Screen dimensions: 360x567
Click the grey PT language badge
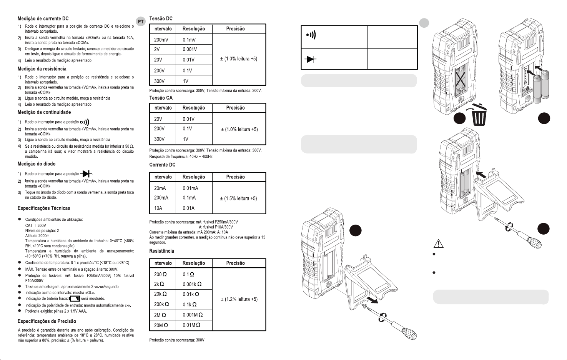tap(141, 22)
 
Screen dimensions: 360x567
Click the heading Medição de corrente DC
tap(43, 18)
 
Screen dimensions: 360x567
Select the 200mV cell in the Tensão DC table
tap(162, 40)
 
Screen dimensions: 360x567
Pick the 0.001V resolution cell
tap(190, 49)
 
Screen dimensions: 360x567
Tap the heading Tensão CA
tap(161, 98)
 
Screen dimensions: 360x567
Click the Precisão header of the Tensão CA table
tap(235, 108)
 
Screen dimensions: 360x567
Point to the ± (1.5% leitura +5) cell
tap(238, 198)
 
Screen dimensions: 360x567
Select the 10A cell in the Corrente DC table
tap(158, 208)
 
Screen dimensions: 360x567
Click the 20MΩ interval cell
tap(161, 325)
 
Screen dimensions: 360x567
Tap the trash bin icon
tap(478, 114)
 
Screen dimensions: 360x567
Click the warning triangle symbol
tap(439, 243)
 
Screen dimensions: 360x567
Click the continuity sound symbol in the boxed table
tap(311, 35)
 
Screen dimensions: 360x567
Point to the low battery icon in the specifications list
tap(74, 298)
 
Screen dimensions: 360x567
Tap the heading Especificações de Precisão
tap(47, 321)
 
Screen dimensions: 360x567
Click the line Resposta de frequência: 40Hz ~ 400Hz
tap(181, 157)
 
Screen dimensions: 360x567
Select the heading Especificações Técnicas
tap(44, 208)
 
